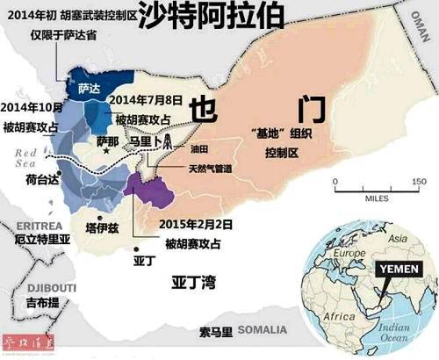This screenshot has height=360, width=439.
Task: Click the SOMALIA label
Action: [x=264, y=330]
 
